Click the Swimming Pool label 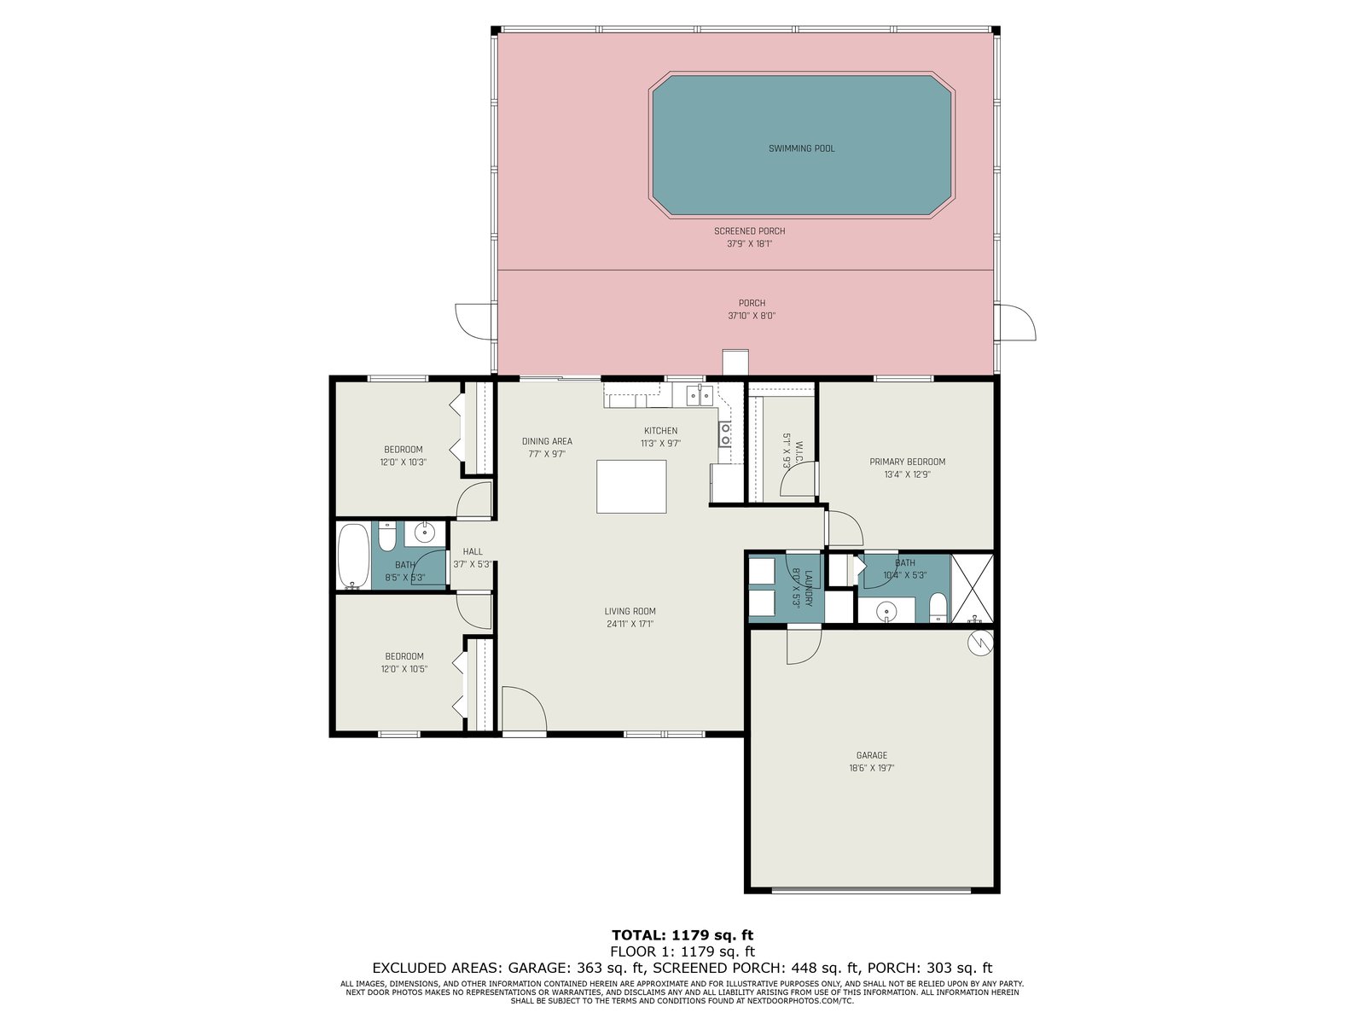tap(801, 148)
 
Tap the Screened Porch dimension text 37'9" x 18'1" tap(749, 244)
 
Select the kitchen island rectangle tap(631, 486)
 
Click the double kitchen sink tap(700, 395)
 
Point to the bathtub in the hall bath tap(353, 556)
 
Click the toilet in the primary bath tap(937, 607)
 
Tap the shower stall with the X tap(972, 588)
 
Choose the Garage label tap(871, 755)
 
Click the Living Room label tap(630, 611)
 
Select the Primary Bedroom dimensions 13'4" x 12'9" tap(908, 474)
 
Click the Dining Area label tap(547, 441)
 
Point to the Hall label tap(473, 551)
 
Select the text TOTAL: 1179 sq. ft tap(682, 935)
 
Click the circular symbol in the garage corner tap(980, 643)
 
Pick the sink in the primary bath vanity tap(886, 611)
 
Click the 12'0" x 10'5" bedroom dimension tap(404, 669)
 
